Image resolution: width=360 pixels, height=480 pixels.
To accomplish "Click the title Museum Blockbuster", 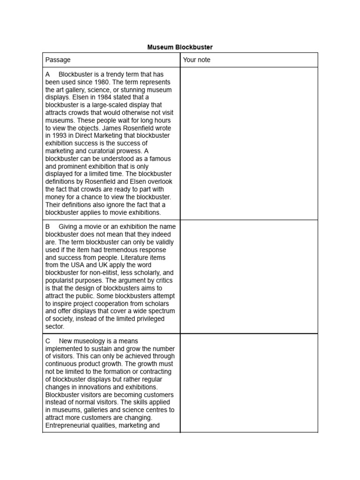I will [x=180, y=47].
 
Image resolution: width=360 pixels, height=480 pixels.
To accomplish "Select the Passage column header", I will [x=58, y=60].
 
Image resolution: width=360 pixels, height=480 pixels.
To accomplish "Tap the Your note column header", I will [x=197, y=60].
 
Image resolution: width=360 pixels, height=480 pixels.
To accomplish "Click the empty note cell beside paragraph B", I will [x=249, y=277].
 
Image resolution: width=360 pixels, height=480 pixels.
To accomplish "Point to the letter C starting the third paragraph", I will [x=48, y=341].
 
